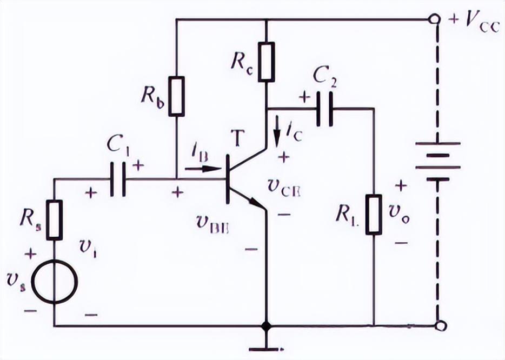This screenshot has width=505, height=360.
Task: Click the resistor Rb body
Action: (x=177, y=96)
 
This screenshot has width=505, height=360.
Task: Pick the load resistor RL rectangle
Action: (x=374, y=215)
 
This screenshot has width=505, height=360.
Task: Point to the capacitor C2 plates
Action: (x=323, y=109)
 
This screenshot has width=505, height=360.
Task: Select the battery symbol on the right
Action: (x=437, y=161)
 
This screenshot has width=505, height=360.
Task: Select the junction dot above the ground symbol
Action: (x=265, y=326)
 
